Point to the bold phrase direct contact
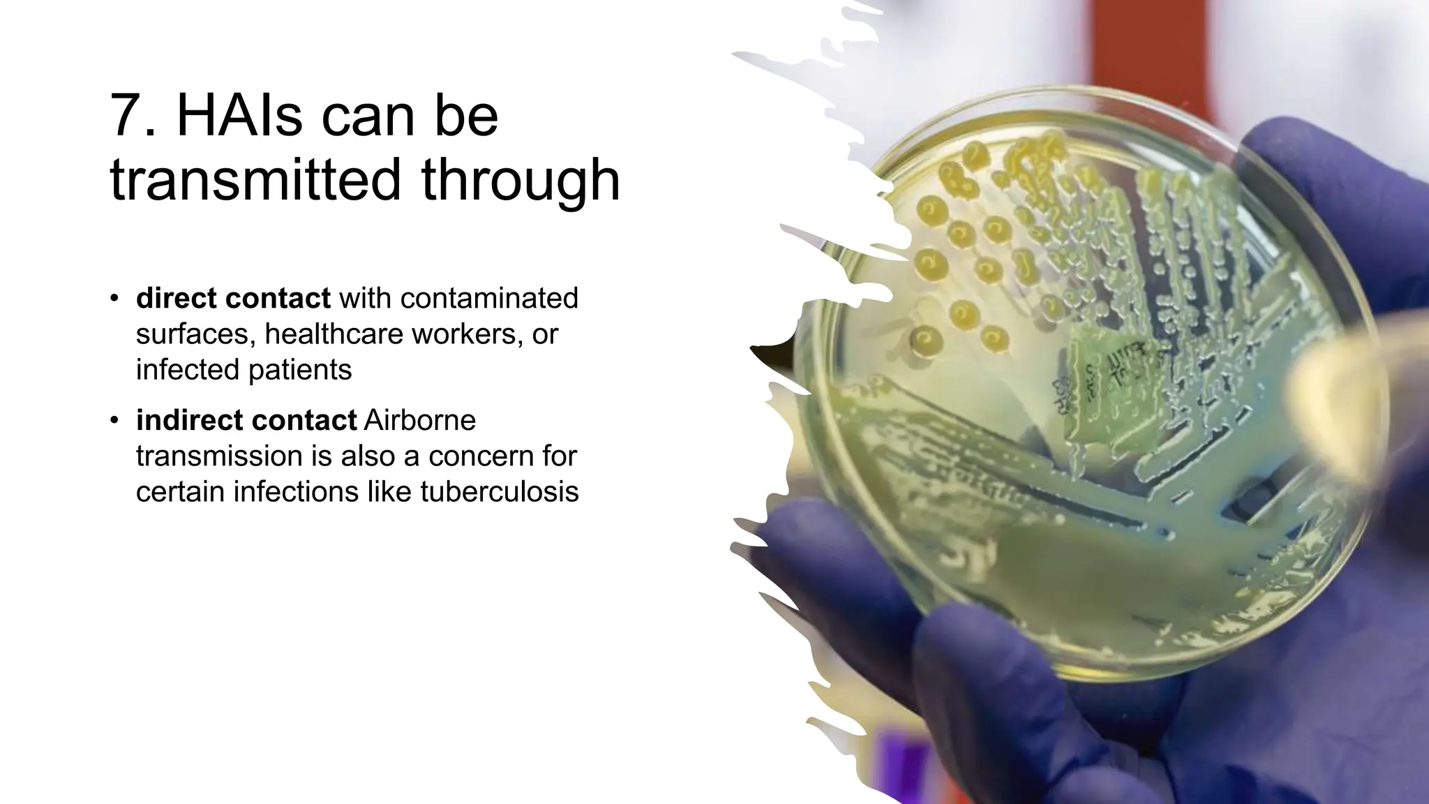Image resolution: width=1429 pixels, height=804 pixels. (x=233, y=299)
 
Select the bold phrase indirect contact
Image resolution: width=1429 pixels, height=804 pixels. (x=246, y=421)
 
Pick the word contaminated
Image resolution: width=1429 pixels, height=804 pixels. (x=488, y=299)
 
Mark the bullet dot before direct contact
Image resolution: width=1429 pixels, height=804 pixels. (x=114, y=299)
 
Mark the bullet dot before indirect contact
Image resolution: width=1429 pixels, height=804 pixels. (x=114, y=421)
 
